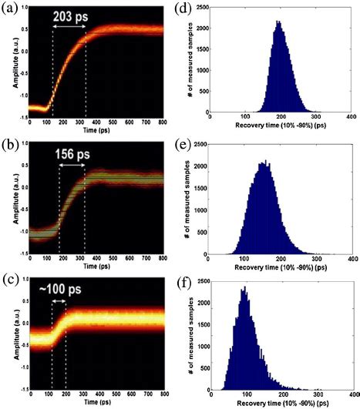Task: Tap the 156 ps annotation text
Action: [x=78, y=153]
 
